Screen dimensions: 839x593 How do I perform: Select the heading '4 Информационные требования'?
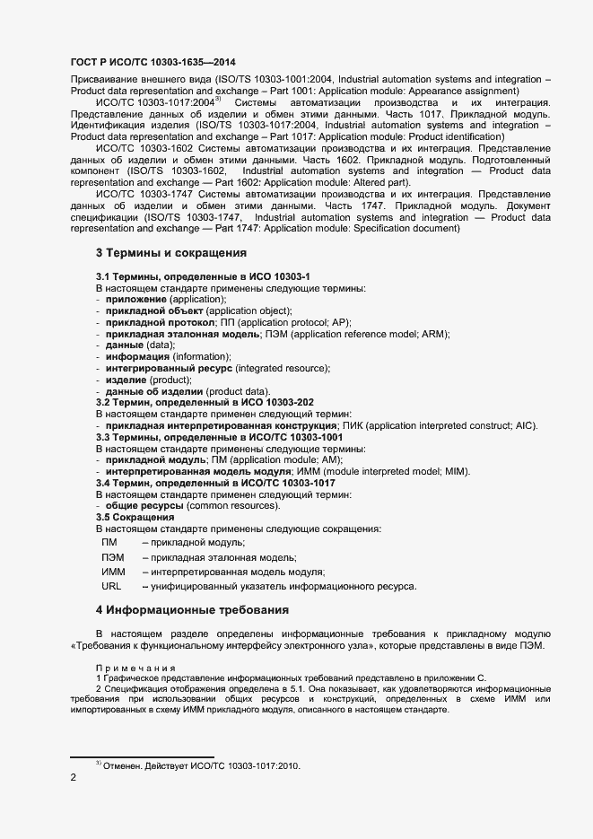[192, 610]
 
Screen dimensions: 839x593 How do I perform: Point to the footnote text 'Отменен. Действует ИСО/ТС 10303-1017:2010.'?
[202, 765]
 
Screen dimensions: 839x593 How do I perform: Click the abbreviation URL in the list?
[111, 586]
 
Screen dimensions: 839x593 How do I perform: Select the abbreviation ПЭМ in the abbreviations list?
[113, 557]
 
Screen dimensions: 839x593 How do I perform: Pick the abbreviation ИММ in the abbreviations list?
[113, 572]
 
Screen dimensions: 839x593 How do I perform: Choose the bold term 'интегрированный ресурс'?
[169, 368]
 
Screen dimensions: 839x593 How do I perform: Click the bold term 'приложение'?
[136, 299]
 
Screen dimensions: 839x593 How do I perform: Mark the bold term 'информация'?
[137, 356]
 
